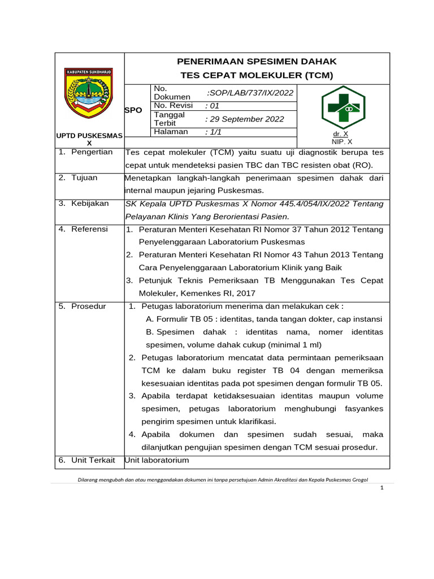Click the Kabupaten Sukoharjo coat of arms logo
point(89,93)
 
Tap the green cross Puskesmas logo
point(343,107)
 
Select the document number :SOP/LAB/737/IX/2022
point(250,93)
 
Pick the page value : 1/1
point(213,132)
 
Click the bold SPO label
point(133,110)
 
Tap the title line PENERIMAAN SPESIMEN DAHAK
point(257,61)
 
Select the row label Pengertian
point(92,152)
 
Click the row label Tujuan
point(84,178)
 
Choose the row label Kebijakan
point(89,203)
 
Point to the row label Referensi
point(89,229)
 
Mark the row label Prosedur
point(88,306)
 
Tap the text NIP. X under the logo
point(342,142)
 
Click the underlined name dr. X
point(341,134)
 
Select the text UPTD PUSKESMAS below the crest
point(89,136)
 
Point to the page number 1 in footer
point(382,488)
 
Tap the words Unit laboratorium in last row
point(157,460)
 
